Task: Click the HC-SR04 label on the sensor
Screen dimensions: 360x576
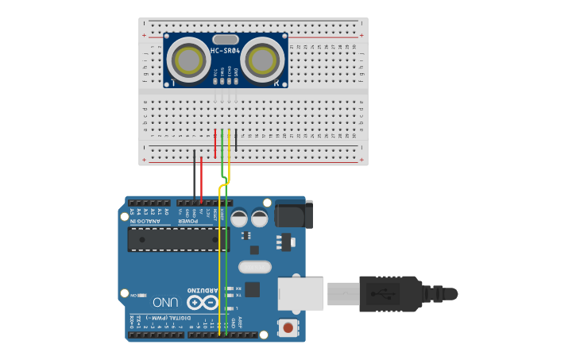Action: (x=226, y=52)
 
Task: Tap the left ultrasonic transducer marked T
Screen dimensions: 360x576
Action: (x=190, y=60)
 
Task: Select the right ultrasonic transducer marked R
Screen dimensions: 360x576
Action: (x=261, y=60)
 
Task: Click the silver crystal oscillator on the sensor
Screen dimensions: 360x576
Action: (x=226, y=39)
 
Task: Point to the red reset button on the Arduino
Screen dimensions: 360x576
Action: (x=288, y=327)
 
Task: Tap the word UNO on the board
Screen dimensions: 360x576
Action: (x=165, y=302)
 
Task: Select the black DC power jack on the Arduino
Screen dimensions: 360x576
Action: (x=293, y=214)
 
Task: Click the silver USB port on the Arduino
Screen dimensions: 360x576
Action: (x=300, y=294)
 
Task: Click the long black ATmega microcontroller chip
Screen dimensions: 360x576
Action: (x=178, y=238)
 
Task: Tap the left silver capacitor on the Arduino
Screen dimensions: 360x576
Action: (x=239, y=218)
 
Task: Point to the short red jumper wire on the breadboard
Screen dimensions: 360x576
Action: (x=215, y=143)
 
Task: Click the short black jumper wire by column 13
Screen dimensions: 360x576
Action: (x=236, y=140)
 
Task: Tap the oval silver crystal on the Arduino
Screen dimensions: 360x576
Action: (x=255, y=267)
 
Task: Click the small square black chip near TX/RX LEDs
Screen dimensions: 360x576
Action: (x=252, y=289)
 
